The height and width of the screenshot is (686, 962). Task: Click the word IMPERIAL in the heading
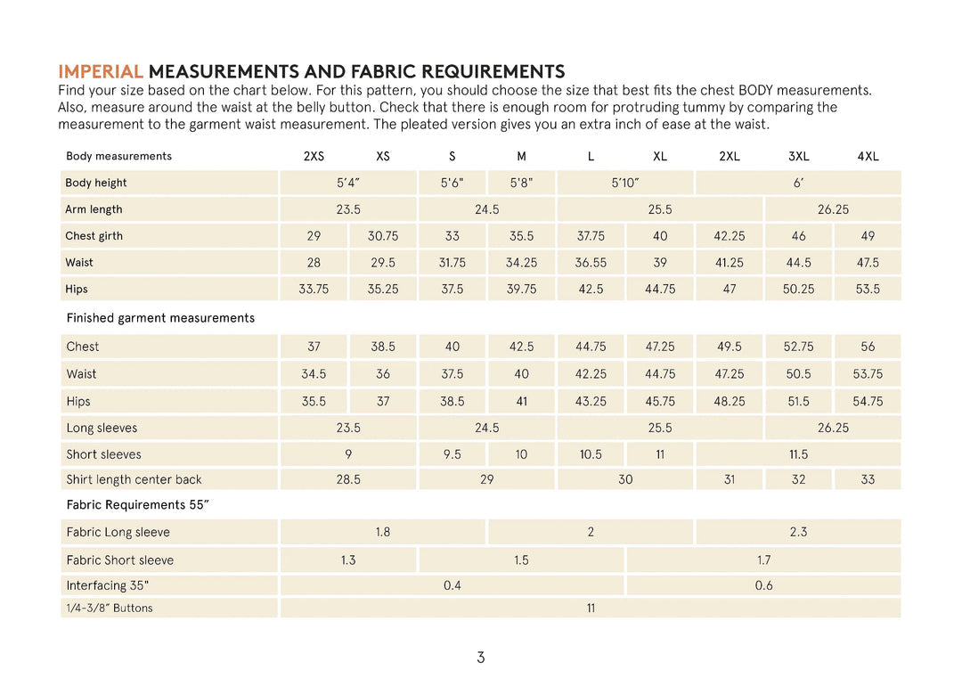point(100,72)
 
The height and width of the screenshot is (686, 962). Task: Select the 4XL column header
point(868,156)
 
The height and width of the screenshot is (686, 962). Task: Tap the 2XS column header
point(314,156)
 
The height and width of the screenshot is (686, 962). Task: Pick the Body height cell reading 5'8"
point(521,183)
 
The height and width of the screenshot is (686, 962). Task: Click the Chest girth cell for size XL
point(660,236)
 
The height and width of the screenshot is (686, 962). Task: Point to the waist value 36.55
point(591,263)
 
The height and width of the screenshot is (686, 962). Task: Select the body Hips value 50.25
point(798,289)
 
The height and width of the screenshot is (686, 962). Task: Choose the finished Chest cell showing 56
point(868,347)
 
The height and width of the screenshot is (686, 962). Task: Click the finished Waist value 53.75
point(868,374)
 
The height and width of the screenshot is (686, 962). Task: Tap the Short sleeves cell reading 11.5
point(798,454)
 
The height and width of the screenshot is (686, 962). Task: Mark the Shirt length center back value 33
point(868,479)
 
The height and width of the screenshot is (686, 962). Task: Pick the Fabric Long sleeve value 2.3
point(798,532)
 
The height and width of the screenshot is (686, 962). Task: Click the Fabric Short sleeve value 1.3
point(348,559)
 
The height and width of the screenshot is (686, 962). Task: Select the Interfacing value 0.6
point(763,585)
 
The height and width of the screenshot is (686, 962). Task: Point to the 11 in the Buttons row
point(591,608)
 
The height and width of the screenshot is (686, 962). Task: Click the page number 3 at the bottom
point(481,658)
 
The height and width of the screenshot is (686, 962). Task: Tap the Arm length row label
point(94,209)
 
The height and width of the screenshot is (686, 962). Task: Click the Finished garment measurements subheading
point(160,318)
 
